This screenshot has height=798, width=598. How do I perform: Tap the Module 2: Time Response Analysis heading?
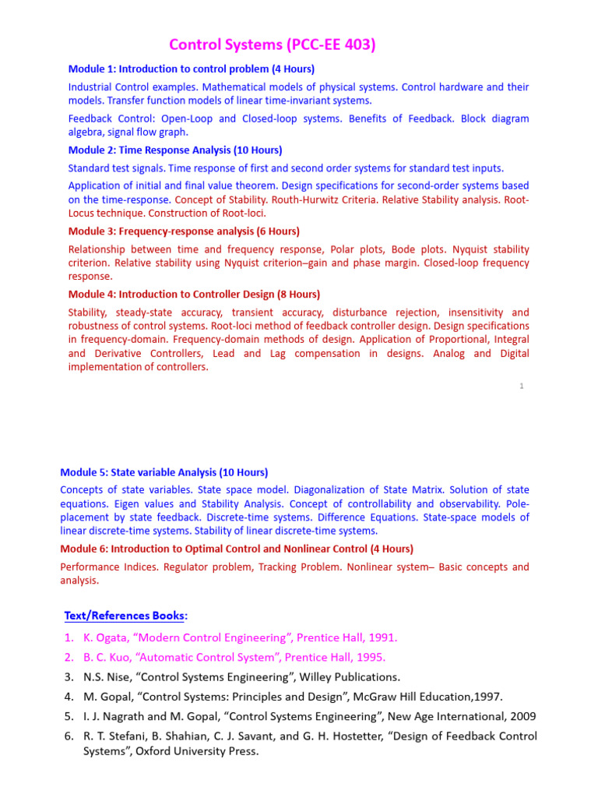[x=175, y=150]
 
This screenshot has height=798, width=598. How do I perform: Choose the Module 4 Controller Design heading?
[x=194, y=295]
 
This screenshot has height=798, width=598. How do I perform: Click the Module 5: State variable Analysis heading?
[x=164, y=472]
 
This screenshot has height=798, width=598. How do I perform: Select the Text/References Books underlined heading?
[x=125, y=616]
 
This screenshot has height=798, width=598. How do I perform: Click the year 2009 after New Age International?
[x=522, y=716]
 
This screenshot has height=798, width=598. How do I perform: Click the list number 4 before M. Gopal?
[x=69, y=697]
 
